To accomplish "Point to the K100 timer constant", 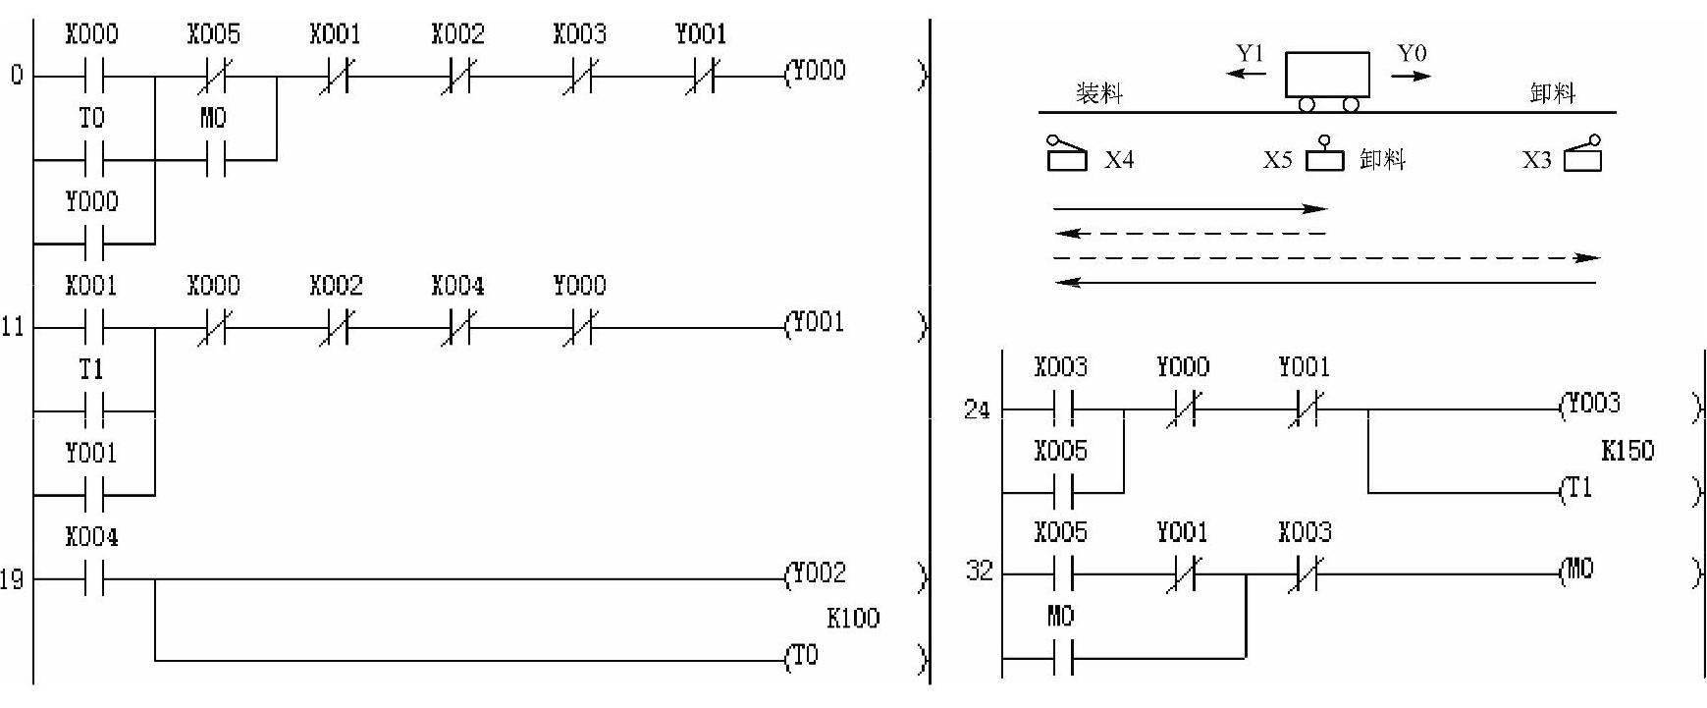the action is (853, 619).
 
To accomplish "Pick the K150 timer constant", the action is (1627, 452).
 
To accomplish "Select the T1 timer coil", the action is (1578, 489).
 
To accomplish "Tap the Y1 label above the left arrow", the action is (1250, 55).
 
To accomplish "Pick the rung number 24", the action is (977, 409).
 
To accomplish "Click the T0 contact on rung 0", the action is (92, 157).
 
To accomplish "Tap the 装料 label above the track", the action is (1098, 94).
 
